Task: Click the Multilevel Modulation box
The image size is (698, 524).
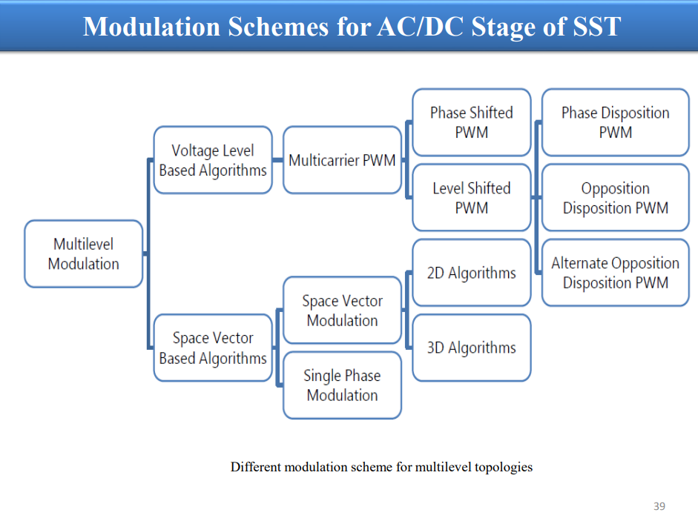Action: tap(84, 253)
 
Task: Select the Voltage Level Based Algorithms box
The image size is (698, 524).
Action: tap(213, 160)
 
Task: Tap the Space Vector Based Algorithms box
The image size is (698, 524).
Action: tap(213, 348)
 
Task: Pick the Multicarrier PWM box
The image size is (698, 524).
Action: tap(342, 160)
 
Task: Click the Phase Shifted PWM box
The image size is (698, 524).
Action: tap(472, 122)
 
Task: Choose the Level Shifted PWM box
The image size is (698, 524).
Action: tap(472, 197)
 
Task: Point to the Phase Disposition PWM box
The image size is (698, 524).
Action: tap(615, 122)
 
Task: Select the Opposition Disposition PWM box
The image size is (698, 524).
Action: tap(615, 197)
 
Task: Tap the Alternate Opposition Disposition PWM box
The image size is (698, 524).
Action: tap(615, 273)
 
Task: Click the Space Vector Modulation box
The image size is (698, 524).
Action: tap(342, 310)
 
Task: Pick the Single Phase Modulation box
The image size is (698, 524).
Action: tap(342, 385)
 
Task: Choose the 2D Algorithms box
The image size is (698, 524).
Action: tap(472, 273)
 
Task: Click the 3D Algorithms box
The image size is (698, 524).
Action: tap(472, 348)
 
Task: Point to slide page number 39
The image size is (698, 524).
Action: tap(659, 506)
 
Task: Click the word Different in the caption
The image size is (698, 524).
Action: tap(255, 467)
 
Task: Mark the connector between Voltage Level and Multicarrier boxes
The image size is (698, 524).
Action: tap(277, 160)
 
